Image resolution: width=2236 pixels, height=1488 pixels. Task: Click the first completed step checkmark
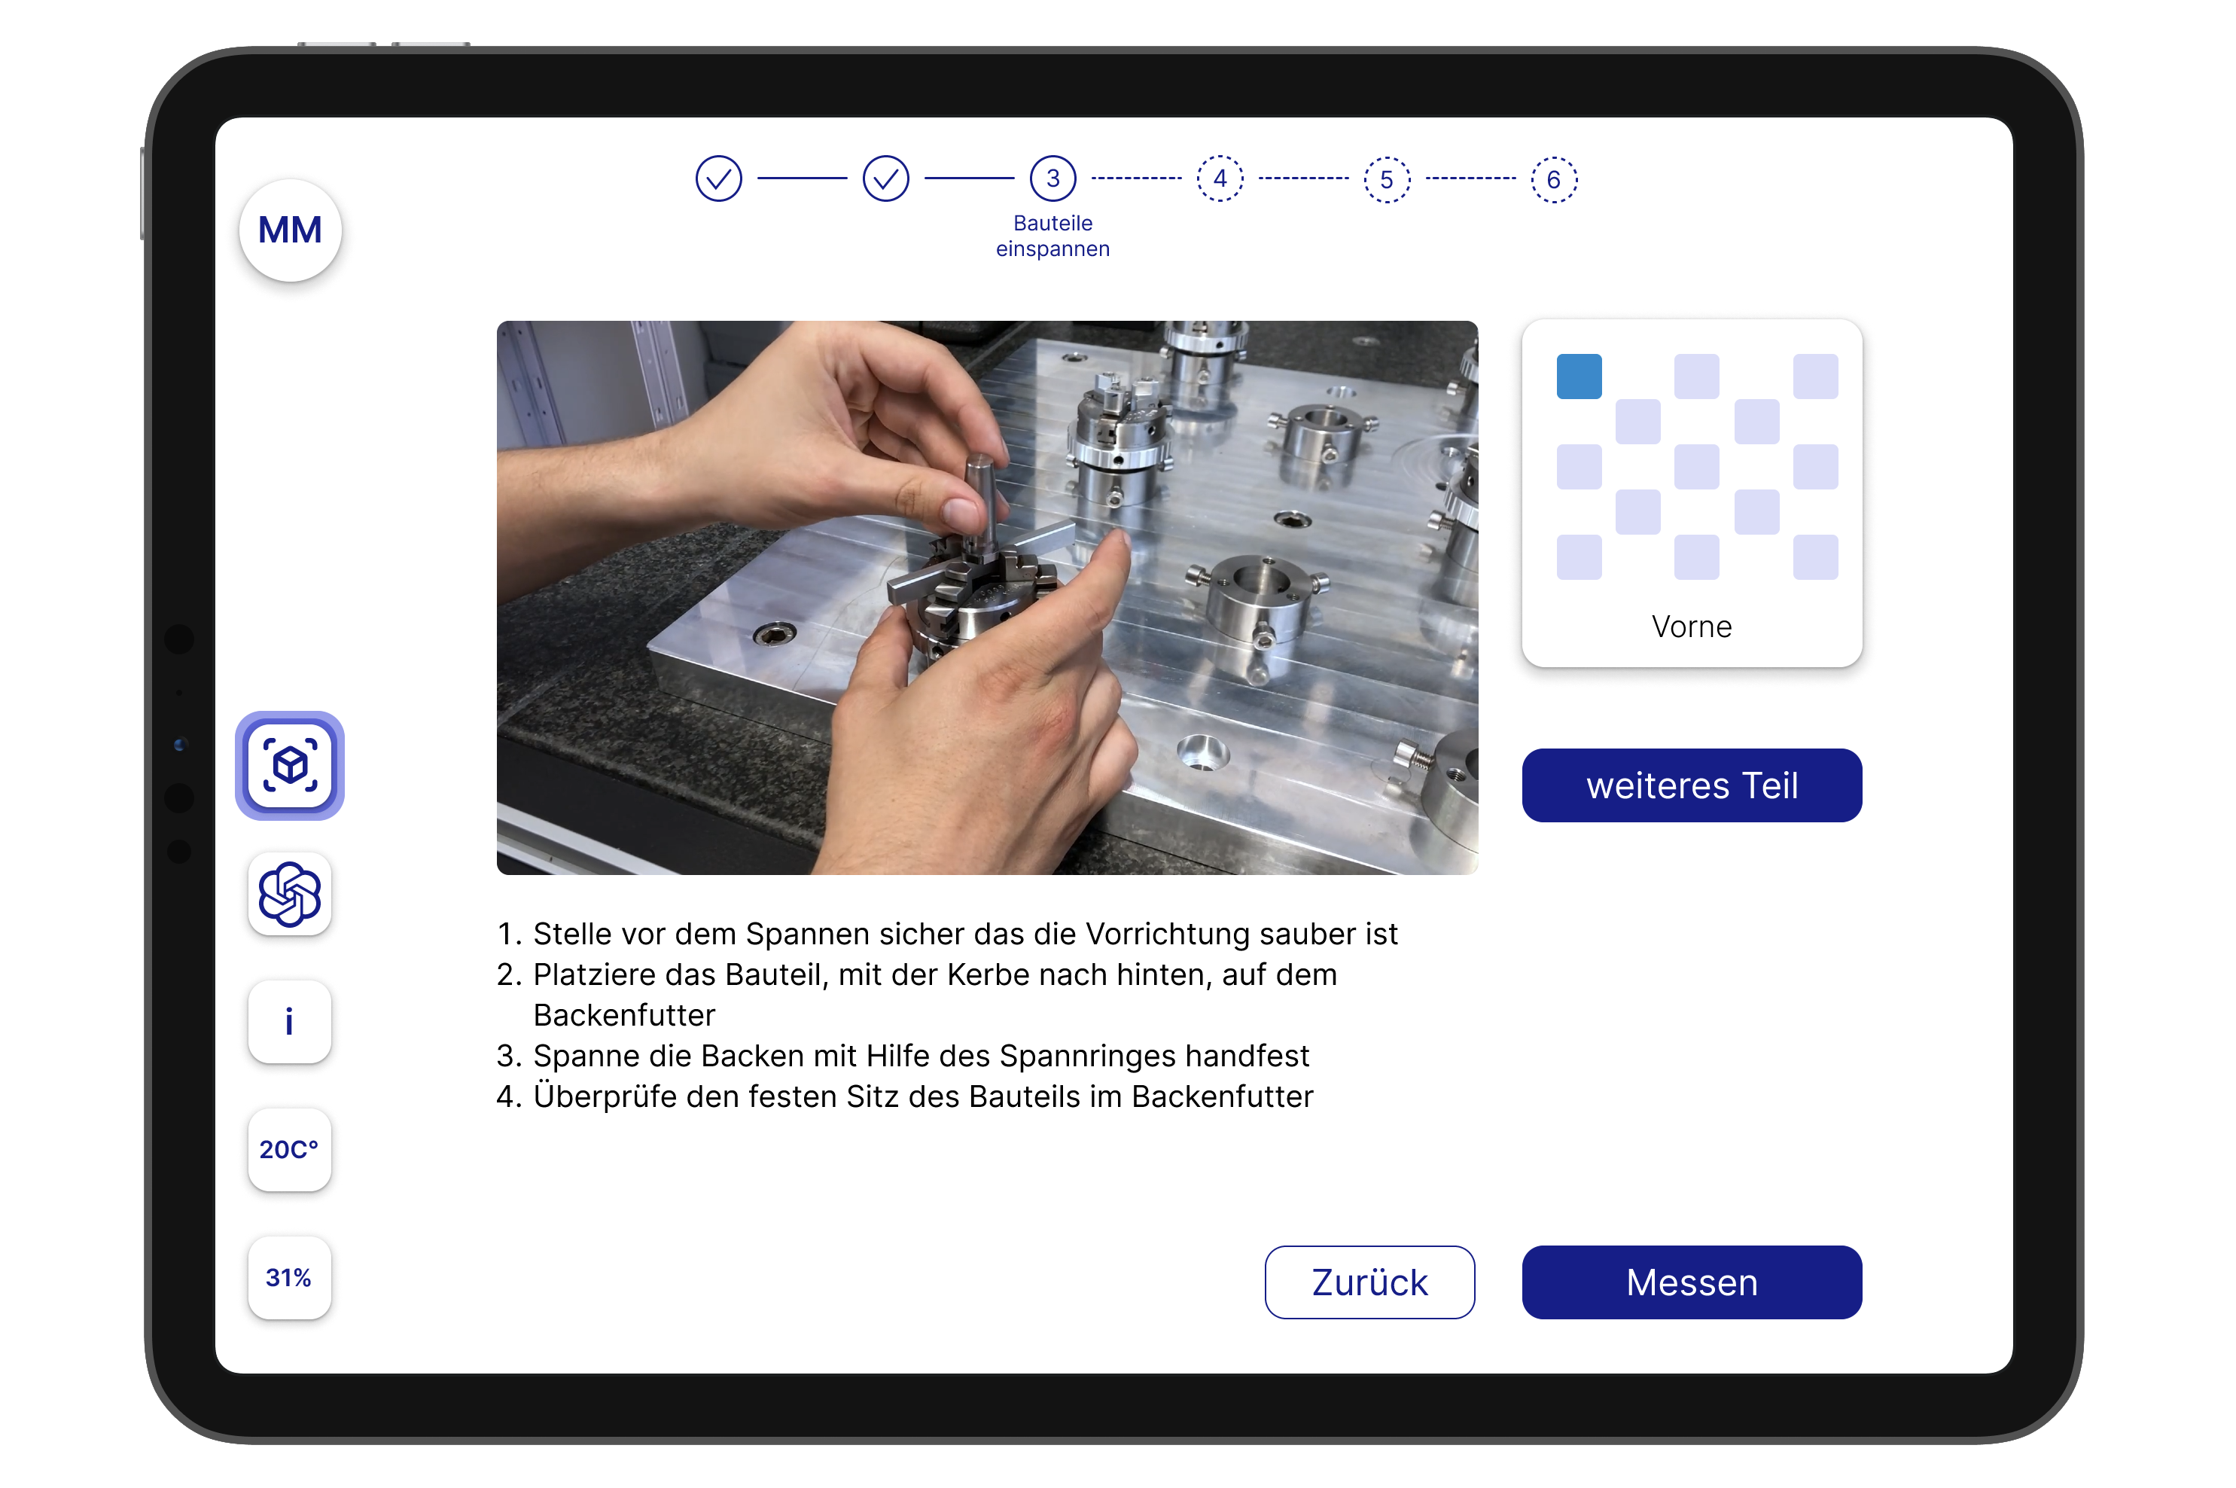(x=718, y=178)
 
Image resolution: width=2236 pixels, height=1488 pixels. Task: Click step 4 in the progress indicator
(x=1219, y=178)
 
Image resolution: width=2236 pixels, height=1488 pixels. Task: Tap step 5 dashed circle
(x=1386, y=179)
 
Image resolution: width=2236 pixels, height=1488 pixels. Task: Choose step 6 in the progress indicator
(x=1553, y=179)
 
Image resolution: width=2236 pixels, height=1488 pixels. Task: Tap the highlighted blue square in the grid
(x=1579, y=376)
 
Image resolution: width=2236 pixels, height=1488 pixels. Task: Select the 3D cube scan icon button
(x=289, y=765)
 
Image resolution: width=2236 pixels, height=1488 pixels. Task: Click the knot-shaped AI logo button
(x=289, y=893)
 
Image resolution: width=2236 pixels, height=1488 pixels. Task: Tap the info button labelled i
(x=289, y=1021)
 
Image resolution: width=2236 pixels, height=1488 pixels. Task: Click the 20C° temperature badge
(x=289, y=1149)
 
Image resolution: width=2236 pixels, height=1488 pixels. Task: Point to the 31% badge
(x=289, y=1277)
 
